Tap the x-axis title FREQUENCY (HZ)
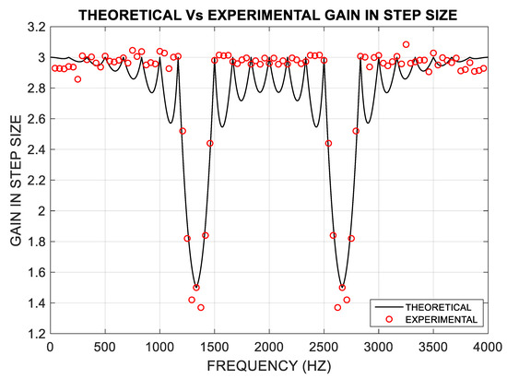point(268,367)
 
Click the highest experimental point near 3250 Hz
point(406,44)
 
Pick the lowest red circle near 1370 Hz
point(200,307)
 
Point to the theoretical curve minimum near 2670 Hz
point(343,288)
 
